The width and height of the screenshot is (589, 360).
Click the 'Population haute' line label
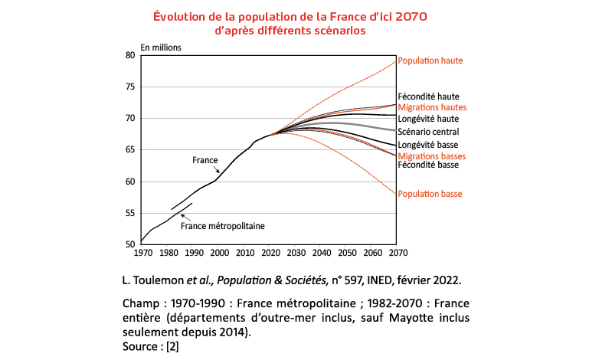430,61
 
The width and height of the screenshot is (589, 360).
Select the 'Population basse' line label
430,195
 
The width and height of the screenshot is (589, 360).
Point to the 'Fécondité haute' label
428,97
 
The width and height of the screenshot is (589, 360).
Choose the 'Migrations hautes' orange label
432,108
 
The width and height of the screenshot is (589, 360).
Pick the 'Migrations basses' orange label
432,156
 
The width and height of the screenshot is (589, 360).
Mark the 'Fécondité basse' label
428,165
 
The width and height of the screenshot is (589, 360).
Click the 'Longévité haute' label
428,119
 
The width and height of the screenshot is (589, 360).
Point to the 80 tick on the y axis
129,55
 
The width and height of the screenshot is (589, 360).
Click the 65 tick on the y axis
129,150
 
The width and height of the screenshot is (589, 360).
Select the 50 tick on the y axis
129,244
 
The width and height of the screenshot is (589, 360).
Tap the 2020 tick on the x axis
270,252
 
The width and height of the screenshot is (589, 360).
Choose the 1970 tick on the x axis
143,252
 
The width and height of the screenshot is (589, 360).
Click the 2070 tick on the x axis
396,252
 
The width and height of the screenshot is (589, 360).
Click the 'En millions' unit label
161,47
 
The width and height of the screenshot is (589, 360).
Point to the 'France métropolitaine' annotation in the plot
222,226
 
